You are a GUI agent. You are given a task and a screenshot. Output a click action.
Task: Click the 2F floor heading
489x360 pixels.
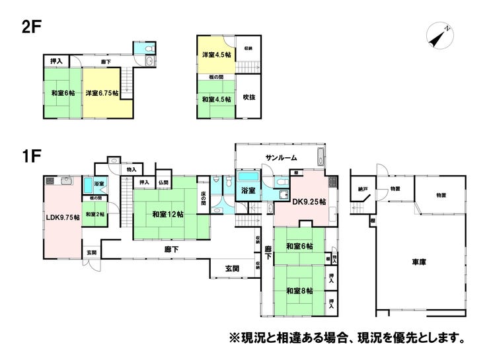tap(30, 29)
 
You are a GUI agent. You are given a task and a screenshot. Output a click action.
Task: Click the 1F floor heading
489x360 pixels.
tap(32, 157)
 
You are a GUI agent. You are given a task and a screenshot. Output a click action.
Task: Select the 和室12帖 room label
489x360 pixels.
tap(167, 214)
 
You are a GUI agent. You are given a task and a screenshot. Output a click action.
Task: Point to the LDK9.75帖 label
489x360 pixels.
tap(63, 217)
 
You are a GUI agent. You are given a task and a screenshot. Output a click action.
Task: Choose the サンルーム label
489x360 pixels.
tap(282, 158)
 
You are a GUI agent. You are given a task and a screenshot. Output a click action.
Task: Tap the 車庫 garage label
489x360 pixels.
tap(418, 262)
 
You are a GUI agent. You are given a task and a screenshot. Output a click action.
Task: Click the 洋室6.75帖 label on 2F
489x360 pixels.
tap(102, 93)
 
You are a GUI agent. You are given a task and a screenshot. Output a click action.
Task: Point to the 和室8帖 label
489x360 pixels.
tap(299, 290)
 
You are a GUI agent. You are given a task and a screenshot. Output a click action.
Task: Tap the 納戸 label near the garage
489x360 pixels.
tap(362, 189)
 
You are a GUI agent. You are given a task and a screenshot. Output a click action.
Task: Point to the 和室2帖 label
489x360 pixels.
tap(94, 213)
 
